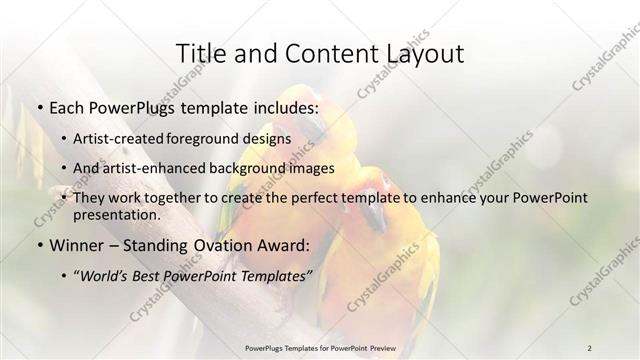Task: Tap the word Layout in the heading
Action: [x=419, y=53]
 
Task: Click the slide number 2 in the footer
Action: [x=589, y=347]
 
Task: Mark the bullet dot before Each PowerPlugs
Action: [x=38, y=107]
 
